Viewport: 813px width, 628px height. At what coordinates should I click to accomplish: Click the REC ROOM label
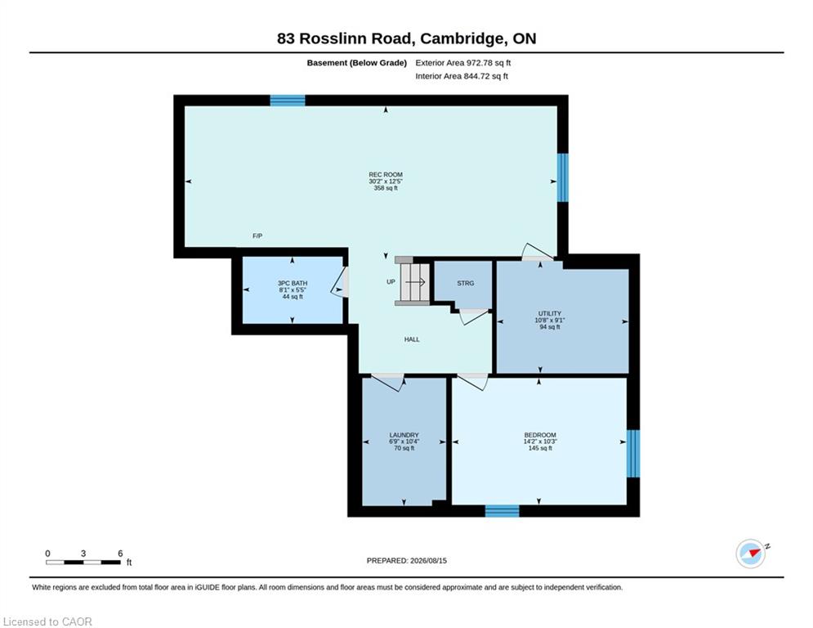pos(385,175)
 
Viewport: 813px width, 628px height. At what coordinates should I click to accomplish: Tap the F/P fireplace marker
pos(257,236)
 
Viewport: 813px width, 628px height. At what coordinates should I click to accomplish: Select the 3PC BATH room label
pos(293,284)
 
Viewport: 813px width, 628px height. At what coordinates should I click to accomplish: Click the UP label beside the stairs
pos(391,282)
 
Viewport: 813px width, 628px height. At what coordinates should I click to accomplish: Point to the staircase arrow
pos(415,282)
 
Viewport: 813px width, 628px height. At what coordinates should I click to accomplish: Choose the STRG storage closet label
pos(465,284)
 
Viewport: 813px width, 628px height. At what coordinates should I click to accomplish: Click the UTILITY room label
pos(550,313)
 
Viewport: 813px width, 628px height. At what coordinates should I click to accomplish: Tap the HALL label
pos(412,339)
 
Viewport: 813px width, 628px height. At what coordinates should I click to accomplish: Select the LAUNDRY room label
pos(404,435)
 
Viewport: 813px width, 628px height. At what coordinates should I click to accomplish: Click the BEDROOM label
pos(540,435)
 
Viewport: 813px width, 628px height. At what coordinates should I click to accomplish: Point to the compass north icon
pos(751,554)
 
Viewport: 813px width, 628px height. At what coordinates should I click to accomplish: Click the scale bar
pos(83,562)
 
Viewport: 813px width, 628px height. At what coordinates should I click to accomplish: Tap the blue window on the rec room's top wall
pos(288,100)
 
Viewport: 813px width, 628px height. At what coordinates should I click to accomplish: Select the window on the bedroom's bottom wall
pos(502,511)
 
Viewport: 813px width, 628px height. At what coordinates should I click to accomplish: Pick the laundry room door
pos(388,383)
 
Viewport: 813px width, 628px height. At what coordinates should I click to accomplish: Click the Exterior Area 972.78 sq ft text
pos(463,63)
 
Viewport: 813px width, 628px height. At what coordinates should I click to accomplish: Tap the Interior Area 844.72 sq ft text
pos(462,76)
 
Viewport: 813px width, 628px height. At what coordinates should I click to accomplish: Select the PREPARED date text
pos(407,560)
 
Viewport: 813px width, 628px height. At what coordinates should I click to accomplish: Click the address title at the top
pos(407,38)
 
